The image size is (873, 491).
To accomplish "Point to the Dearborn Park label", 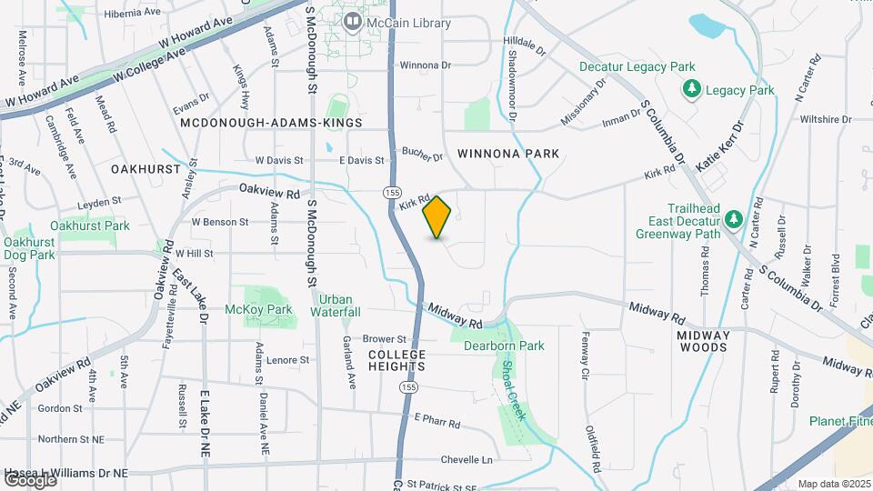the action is pyautogui.click(x=504, y=346).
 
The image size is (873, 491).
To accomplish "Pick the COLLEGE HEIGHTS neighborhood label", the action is pyautogui.click(x=397, y=360).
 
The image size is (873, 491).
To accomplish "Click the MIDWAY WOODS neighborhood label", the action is pyautogui.click(x=703, y=341).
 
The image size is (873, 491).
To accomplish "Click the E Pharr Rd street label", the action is pyautogui.click(x=437, y=421).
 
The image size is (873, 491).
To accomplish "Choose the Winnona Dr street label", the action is pyautogui.click(x=425, y=65).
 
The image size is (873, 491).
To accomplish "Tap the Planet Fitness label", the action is pyautogui.click(x=841, y=421).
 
